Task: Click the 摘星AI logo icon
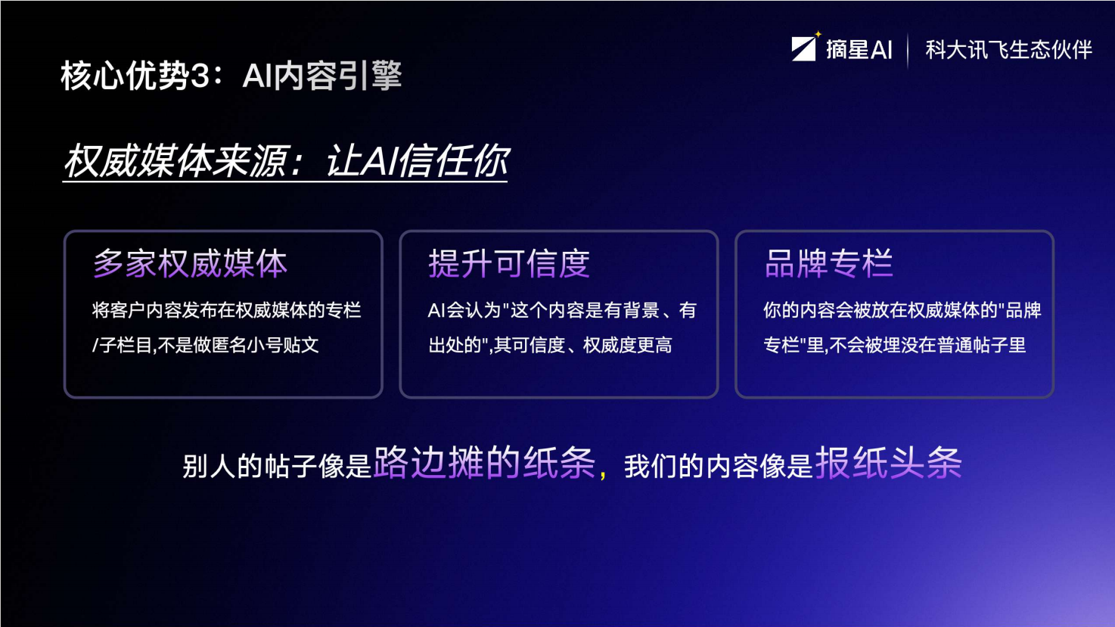pyautogui.click(x=803, y=48)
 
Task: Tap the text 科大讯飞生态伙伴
pyautogui.click(x=1008, y=50)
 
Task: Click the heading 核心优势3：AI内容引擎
pyautogui.click(x=231, y=76)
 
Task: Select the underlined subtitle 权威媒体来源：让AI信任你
pyautogui.click(x=285, y=161)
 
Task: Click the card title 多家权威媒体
pyautogui.click(x=190, y=264)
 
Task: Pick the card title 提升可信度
pyautogui.click(x=508, y=264)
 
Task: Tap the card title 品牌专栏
pyautogui.click(x=828, y=264)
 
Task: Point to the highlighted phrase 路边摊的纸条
pyautogui.click(x=484, y=463)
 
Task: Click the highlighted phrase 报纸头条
pyautogui.click(x=888, y=463)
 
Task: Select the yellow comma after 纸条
pyautogui.click(x=603, y=474)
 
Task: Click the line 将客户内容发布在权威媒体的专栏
pyautogui.click(x=226, y=310)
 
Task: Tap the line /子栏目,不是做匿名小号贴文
pyautogui.click(x=206, y=346)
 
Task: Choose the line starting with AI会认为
pyautogui.click(x=562, y=310)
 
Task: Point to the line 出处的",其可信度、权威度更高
pyautogui.click(x=550, y=346)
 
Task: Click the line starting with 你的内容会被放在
pyautogui.click(x=902, y=310)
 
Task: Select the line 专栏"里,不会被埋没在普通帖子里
pyautogui.click(x=894, y=346)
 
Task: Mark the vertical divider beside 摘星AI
pyautogui.click(x=908, y=50)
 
